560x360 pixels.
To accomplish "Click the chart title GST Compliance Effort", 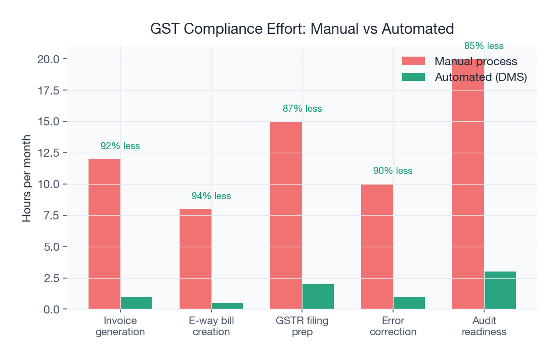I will [302, 29].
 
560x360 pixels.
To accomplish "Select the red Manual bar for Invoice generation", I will [104, 234].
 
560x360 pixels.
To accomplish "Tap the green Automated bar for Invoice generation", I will [136, 303].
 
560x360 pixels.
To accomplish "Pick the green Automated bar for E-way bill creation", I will [227, 306].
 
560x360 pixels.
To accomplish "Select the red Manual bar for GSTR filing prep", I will [286, 215].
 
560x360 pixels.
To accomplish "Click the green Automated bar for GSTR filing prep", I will [318, 297].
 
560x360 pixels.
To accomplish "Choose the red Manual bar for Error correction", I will [377, 246].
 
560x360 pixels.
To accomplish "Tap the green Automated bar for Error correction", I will [409, 303].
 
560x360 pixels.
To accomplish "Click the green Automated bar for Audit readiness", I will [500, 290].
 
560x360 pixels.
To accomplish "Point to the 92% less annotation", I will [120, 146].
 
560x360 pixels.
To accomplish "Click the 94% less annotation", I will [211, 196].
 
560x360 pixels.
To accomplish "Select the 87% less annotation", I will [302, 109].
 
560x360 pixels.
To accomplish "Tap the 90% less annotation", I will [393, 171].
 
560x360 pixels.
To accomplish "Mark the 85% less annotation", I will [484, 46].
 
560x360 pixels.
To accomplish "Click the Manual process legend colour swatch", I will [413, 61].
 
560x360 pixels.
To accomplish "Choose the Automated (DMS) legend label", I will [481, 77].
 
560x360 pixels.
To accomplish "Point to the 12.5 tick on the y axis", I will [48, 153].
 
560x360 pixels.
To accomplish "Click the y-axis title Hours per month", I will [27, 178].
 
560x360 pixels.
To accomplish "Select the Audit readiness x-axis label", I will [484, 326].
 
